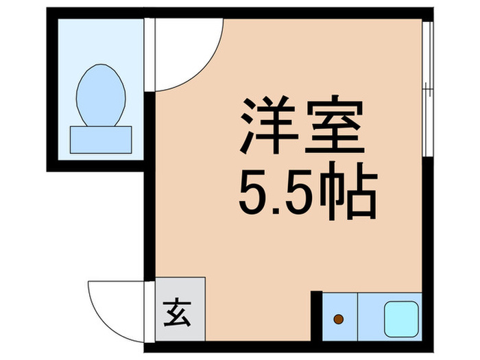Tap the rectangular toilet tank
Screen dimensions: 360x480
click(101, 139)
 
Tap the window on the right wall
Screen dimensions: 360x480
click(427, 89)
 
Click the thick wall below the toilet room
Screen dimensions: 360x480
click(96, 165)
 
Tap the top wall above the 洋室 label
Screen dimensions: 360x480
click(295, 12)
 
